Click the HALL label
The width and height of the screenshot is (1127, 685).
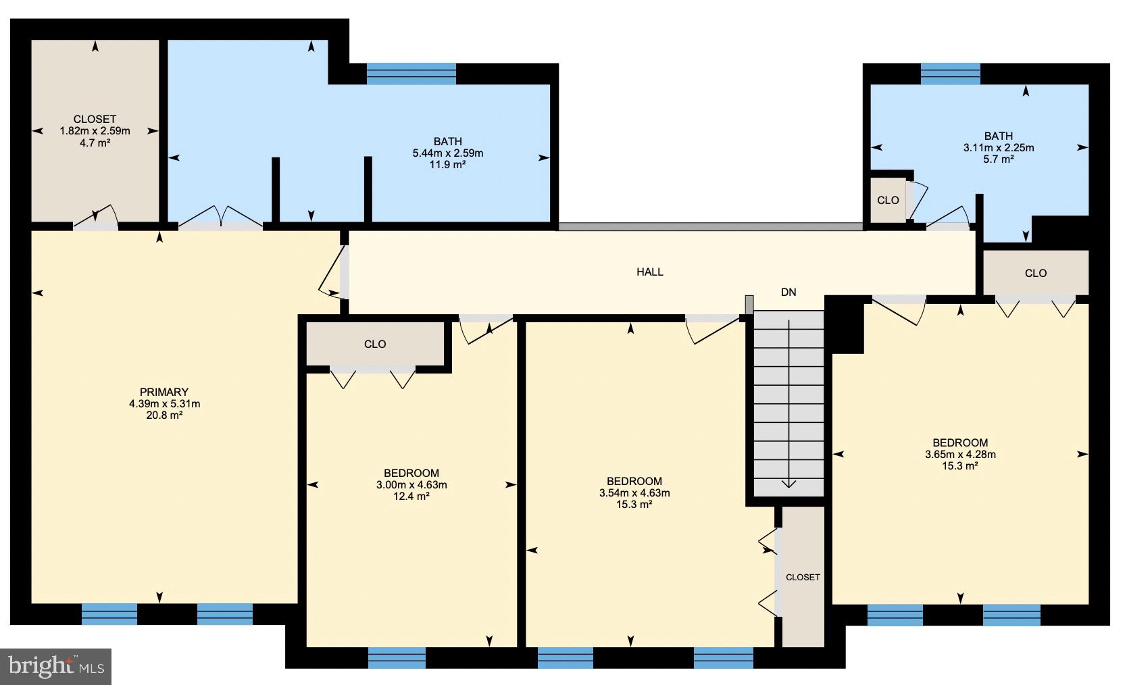(x=649, y=272)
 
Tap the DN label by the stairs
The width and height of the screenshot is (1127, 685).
(x=788, y=293)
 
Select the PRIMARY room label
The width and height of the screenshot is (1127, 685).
(x=164, y=392)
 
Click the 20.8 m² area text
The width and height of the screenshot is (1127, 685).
(x=164, y=415)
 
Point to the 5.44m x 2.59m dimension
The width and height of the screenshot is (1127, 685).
(x=447, y=153)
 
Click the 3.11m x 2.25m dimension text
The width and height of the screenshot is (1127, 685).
(x=998, y=148)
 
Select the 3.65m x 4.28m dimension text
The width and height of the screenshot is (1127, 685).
(x=960, y=455)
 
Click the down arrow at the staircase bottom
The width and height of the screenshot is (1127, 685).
(x=788, y=482)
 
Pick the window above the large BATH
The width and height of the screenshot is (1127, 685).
(x=411, y=73)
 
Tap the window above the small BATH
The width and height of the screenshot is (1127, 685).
(x=950, y=73)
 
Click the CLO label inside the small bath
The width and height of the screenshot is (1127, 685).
(x=888, y=200)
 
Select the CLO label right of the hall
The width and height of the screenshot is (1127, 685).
(x=1035, y=273)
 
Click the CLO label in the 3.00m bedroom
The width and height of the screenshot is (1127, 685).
(x=375, y=344)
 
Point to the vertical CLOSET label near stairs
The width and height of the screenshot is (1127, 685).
(x=803, y=577)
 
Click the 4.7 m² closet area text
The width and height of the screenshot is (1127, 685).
(x=95, y=143)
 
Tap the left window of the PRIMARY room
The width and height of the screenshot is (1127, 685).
(x=109, y=614)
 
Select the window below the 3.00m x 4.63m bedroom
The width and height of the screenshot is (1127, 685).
(x=397, y=657)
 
